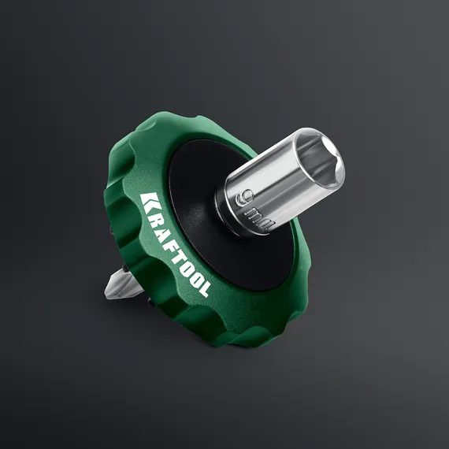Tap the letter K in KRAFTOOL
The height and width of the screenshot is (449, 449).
tap(147, 201)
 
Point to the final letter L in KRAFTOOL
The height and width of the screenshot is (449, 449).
tap(203, 289)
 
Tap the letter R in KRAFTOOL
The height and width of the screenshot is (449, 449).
tap(154, 212)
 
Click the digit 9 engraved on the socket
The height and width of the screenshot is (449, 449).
tap(245, 197)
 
